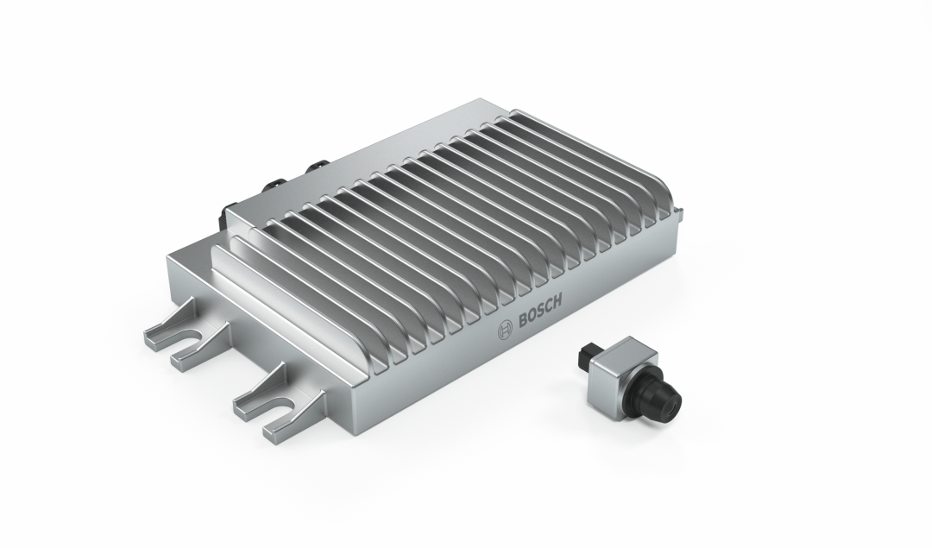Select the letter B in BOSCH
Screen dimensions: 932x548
point(523,321)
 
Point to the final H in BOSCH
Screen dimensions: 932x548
point(557,302)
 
